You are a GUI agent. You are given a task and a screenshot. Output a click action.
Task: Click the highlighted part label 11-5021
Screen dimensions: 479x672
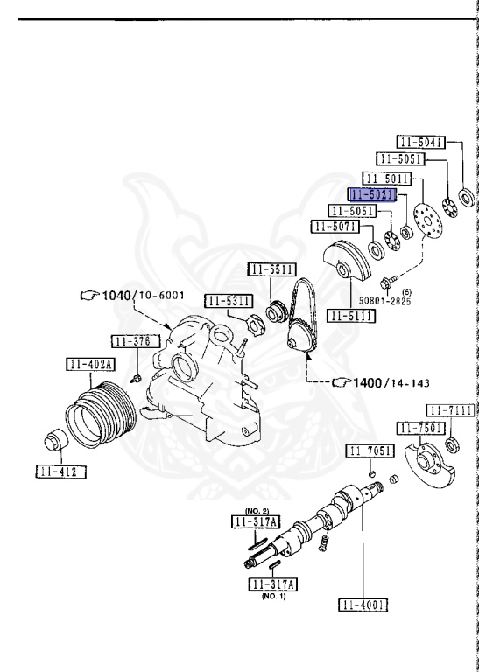point(372,194)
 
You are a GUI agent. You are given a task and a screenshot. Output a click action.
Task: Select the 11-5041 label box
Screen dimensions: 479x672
point(420,142)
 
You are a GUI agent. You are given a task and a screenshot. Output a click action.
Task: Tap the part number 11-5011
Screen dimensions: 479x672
point(387,178)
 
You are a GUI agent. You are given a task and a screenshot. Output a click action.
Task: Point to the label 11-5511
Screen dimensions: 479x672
point(272,269)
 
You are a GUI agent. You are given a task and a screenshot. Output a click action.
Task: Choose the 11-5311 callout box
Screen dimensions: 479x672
point(229,301)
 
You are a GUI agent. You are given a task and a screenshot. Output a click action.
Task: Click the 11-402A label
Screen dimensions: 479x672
point(90,364)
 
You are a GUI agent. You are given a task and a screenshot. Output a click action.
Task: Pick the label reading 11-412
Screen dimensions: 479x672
point(61,472)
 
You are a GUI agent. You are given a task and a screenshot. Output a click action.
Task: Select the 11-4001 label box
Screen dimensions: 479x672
point(363,605)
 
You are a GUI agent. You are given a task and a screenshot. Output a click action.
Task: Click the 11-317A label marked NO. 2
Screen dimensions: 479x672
point(256,521)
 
